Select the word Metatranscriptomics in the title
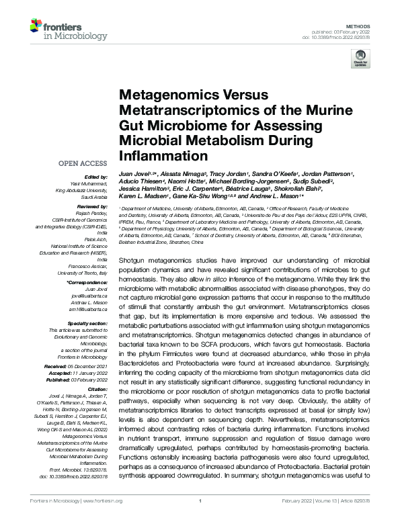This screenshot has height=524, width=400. pyautogui.click(x=172, y=110)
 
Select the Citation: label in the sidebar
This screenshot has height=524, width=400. pyautogui.click(x=97, y=388)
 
